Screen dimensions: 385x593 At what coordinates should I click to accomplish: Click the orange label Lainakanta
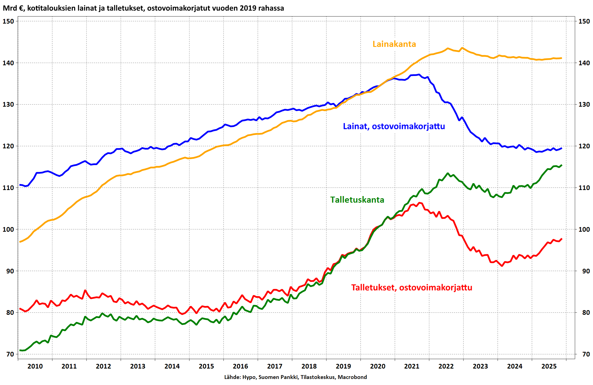(x=394, y=44)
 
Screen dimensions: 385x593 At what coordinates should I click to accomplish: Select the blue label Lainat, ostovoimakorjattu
(x=394, y=126)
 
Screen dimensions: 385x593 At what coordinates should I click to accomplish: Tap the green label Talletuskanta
(x=357, y=200)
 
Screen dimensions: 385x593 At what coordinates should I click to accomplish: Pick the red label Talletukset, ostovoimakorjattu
(x=412, y=288)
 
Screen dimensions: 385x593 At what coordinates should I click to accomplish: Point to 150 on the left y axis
(x=8, y=21)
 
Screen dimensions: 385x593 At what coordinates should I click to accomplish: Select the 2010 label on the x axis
(x=35, y=366)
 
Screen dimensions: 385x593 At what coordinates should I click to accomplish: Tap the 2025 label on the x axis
(x=549, y=366)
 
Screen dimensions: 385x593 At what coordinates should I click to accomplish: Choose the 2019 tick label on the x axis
(x=343, y=366)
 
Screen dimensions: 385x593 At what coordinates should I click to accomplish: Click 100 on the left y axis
(x=8, y=230)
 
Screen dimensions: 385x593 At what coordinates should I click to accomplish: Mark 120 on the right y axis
(x=584, y=146)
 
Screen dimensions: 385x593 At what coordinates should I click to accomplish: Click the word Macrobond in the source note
(x=352, y=377)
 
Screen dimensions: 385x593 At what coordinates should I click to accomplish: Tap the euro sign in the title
(x=21, y=8)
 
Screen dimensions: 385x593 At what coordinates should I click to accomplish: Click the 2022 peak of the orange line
(x=448, y=49)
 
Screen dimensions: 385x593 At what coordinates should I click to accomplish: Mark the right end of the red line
(x=562, y=239)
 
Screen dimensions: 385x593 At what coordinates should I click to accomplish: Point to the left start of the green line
(x=20, y=350)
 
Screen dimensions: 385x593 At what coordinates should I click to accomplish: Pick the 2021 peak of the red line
(x=419, y=203)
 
